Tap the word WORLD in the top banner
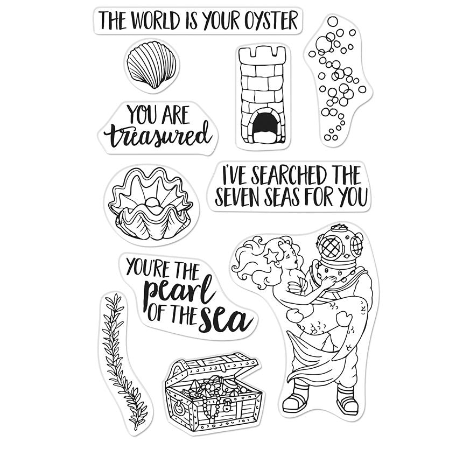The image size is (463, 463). coord(156,20)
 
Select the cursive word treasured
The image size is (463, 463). coord(158,136)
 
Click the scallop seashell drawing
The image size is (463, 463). coord(151,65)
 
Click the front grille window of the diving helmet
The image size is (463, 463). coord(331,248)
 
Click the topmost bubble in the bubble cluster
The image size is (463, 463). coord(333,21)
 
